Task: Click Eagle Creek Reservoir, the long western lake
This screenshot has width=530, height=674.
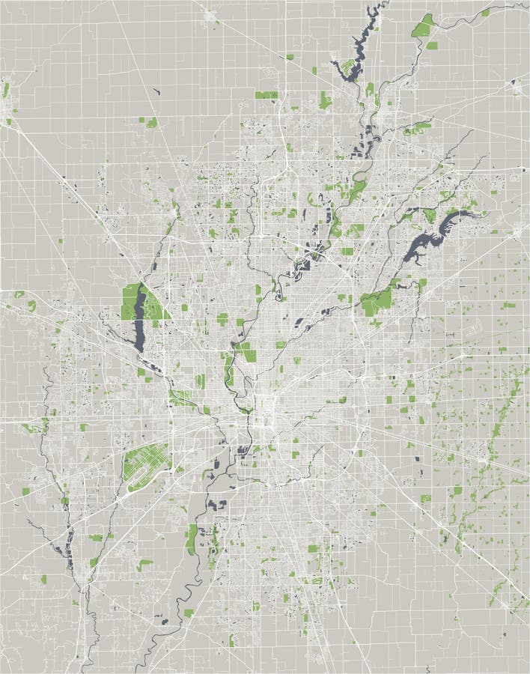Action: pos(139,322)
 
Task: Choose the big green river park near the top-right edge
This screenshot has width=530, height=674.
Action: pos(424,28)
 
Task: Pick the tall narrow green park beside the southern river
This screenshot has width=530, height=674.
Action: pos(192,538)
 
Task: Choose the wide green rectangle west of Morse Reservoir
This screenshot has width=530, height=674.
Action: pos(266,95)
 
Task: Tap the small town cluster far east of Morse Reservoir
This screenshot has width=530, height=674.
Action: pos(517,86)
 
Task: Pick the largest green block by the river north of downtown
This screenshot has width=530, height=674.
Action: pos(244,352)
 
